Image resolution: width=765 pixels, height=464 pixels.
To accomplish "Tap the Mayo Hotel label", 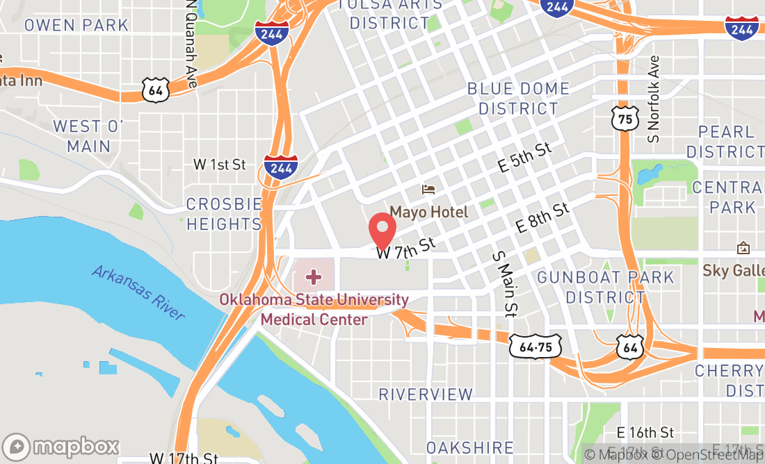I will [x=428, y=212].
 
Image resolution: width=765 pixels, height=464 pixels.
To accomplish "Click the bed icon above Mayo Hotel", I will [x=429, y=189].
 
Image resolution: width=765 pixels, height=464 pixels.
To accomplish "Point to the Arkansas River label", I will [x=138, y=292].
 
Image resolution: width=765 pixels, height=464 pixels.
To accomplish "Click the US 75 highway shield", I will [x=625, y=118].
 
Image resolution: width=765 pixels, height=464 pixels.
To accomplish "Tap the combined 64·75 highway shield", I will [x=535, y=346].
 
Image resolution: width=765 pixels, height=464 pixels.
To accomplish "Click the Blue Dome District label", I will [x=517, y=99].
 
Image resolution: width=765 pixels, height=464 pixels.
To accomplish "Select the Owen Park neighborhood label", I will [x=76, y=25].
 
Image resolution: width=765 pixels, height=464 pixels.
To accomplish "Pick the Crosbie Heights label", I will [x=224, y=214].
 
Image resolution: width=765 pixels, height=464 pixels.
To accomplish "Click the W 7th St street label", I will [x=406, y=248].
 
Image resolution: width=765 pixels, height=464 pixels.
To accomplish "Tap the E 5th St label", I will [x=525, y=158].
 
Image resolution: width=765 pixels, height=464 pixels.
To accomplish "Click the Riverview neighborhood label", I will [x=426, y=395].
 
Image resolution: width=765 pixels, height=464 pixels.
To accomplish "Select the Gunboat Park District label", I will [x=606, y=287].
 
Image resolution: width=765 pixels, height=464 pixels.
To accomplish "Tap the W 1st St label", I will [x=220, y=165].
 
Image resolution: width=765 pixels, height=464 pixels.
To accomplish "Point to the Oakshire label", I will [x=470, y=448].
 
